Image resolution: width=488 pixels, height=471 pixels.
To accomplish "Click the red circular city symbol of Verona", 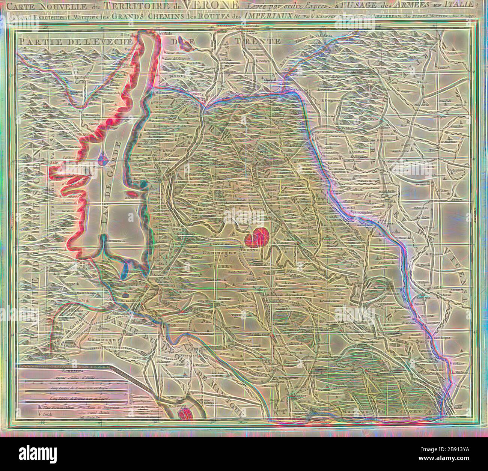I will pos(255,238).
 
